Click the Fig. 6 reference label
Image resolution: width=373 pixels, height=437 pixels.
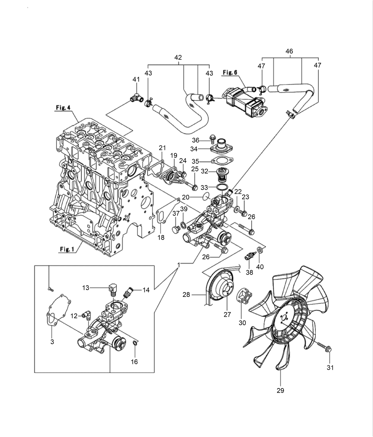pos(229,73)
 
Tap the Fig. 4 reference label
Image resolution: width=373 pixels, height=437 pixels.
pos(63,108)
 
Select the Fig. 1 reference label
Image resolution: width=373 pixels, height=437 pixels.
pos(66,249)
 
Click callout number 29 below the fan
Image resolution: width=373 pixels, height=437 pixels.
pos(280,390)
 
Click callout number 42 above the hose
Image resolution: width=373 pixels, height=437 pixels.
pos(178,57)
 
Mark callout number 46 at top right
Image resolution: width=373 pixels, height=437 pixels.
pos(289,51)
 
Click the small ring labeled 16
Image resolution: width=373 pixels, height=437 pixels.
pos(135,343)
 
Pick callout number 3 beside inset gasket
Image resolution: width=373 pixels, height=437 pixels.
pos(52,342)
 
